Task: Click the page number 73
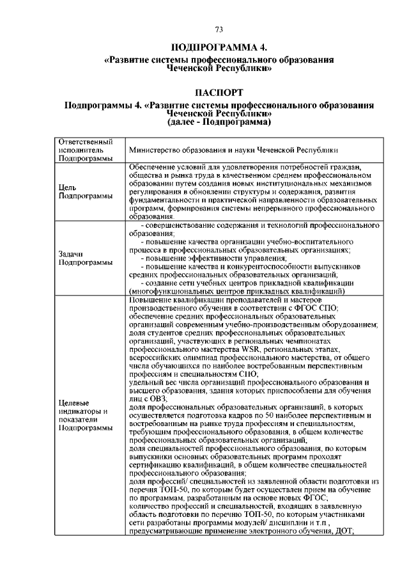(219, 29)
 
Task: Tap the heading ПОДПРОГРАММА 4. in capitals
(219, 48)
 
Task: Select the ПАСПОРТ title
(219, 92)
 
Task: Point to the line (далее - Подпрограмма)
(219, 121)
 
